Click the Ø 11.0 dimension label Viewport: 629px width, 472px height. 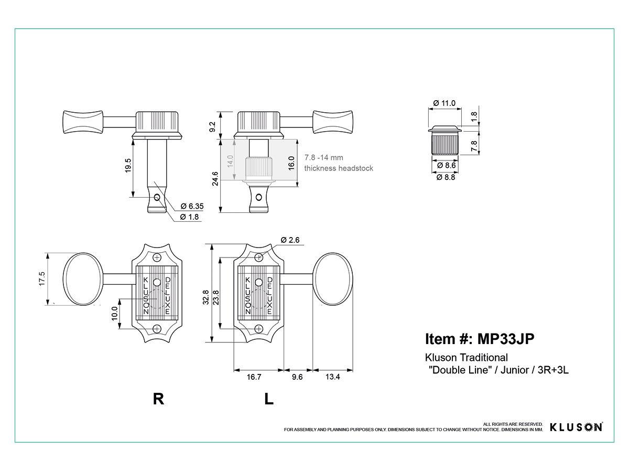coord(444,103)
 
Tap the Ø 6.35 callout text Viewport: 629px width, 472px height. coord(192,206)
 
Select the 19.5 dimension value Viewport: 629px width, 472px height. coord(128,166)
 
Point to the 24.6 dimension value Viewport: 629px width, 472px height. coord(215,178)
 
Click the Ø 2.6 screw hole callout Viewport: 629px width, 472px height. coord(290,240)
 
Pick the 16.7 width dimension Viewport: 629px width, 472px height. coord(254,377)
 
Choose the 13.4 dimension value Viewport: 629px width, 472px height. coord(332,377)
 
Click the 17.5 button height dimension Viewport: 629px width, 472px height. coord(42,279)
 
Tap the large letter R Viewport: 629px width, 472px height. coord(158,399)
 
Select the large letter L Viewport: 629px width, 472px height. coord(269,399)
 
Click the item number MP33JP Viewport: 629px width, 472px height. coord(506,339)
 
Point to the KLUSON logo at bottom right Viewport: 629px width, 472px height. coord(576,427)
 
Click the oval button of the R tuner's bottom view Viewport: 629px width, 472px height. coord(83,279)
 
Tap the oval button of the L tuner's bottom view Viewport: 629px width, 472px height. coord(333,279)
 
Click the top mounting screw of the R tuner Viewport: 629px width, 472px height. coord(157,258)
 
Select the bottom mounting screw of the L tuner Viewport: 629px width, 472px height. coord(259,329)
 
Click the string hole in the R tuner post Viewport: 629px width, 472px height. coord(157,198)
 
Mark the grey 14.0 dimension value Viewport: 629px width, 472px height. coord(230,161)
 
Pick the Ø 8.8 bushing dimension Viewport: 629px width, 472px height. coord(446,177)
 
